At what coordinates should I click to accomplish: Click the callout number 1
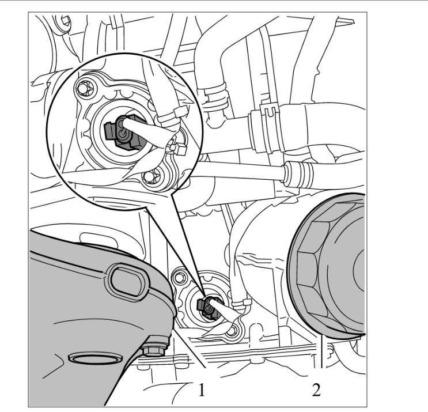click(x=202, y=390)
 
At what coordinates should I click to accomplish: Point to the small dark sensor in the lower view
click(x=208, y=308)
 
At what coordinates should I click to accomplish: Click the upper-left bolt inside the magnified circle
click(x=84, y=88)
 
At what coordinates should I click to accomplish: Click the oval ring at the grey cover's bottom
click(x=95, y=358)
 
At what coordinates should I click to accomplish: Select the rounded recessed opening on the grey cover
click(x=129, y=282)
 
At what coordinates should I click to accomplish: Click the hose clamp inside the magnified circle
click(x=172, y=115)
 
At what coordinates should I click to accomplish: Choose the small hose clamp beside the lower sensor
click(x=241, y=304)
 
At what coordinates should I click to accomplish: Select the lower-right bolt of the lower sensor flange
click(x=232, y=331)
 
